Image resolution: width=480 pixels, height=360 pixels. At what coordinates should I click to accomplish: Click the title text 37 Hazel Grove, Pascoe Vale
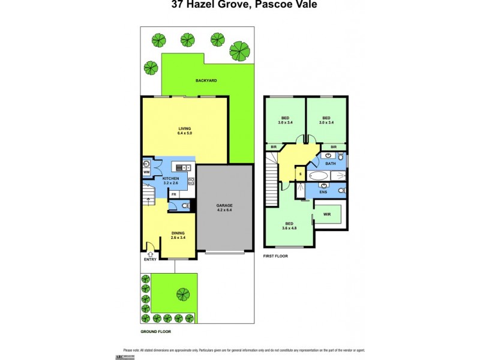pyautogui.click(x=240, y=5)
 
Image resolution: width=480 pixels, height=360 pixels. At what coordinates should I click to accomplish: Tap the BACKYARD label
pyautogui.click(x=206, y=80)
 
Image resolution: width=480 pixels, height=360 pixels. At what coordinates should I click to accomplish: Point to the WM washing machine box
pyautogui.click(x=146, y=173)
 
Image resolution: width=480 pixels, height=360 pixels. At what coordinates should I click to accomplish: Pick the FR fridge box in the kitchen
pyautogui.click(x=174, y=194)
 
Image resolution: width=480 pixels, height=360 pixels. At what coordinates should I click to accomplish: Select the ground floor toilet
pyautogui.click(x=185, y=206)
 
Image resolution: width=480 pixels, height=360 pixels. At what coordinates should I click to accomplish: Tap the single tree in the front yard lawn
pyautogui.click(x=182, y=294)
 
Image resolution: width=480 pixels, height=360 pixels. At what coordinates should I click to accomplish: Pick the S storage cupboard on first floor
pyautogui.click(x=301, y=175)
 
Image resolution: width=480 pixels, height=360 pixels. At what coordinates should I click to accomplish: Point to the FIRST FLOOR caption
pyautogui.click(x=277, y=256)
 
